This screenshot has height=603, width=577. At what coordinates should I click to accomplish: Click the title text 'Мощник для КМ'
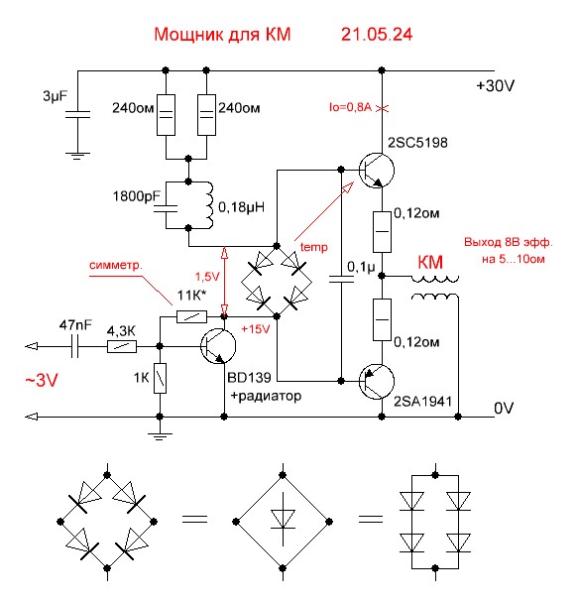(x=221, y=35)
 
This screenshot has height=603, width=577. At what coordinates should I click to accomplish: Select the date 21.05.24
(x=378, y=35)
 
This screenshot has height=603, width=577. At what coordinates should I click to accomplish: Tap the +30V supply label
(x=496, y=86)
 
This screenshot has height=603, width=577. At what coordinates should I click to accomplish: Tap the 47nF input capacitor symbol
(x=75, y=346)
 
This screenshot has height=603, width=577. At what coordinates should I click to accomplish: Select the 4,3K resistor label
(x=122, y=329)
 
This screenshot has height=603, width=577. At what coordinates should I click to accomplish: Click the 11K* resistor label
(x=191, y=297)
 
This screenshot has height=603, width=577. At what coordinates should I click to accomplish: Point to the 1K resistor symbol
(x=160, y=379)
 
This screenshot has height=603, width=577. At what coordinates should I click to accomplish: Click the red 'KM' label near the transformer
(x=431, y=263)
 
